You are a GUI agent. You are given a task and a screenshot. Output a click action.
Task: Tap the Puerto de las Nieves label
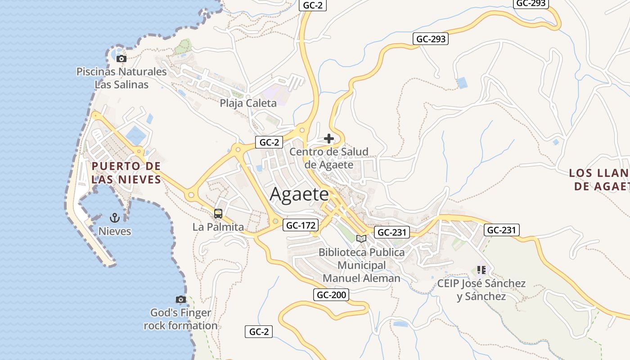pos(126,173)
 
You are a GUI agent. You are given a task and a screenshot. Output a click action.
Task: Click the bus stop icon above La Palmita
pos(218,214)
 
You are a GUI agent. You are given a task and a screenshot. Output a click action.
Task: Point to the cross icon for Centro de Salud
pos(329,139)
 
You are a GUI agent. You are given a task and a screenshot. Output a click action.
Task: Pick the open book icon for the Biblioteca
pos(361,238)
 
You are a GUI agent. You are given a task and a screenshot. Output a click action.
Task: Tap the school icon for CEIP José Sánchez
pos(481,270)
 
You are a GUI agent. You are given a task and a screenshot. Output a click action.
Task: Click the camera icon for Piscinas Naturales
pos(121,58)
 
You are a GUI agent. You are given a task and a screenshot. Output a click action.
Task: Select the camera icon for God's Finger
pos(180,299)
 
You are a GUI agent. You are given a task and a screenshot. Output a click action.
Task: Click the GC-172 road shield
pos(301,225)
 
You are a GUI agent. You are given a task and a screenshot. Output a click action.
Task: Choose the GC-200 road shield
pos(331,295)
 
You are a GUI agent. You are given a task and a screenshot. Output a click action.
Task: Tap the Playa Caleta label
pos(248,103)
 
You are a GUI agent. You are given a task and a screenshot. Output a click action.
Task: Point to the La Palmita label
pos(218,227)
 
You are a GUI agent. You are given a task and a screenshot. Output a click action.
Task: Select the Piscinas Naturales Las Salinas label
pos(121,78)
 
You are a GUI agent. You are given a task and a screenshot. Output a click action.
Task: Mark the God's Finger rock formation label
pos(181,319)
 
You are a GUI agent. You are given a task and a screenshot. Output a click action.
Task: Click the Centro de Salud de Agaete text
pos(329,158)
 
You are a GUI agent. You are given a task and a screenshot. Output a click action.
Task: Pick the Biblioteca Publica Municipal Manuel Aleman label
pos(362,265)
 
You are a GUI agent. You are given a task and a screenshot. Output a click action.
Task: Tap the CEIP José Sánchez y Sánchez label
pos(481,290)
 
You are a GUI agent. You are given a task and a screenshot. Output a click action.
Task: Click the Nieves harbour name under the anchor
pos(115,231)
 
